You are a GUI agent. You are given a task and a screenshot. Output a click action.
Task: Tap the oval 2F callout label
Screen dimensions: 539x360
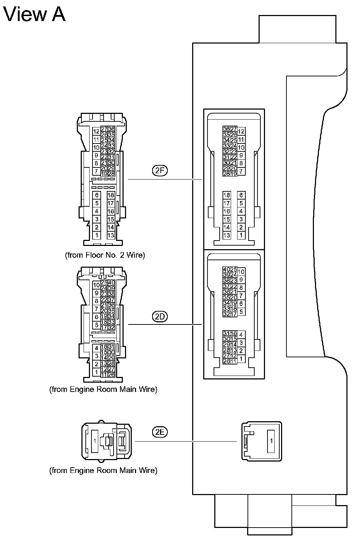[x=160, y=171]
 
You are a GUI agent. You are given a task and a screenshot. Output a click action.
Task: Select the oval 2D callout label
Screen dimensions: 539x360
[x=160, y=316]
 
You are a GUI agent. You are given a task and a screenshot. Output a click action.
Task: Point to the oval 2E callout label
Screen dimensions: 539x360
[x=160, y=432]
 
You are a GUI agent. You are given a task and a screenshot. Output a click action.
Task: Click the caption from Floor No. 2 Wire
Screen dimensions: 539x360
[x=105, y=255]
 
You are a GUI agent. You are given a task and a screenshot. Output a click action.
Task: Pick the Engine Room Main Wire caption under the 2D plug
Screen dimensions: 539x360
[x=103, y=389]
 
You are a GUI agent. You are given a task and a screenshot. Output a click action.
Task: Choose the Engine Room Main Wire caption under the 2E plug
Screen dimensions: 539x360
[x=103, y=470]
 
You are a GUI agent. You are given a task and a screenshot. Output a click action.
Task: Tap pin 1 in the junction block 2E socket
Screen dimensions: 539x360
[x=271, y=441]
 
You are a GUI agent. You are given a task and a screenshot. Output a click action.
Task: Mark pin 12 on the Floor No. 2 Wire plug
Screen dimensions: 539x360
[x=96, y=132]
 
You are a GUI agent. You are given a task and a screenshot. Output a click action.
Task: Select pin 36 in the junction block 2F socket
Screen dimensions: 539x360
[x=226, y=129]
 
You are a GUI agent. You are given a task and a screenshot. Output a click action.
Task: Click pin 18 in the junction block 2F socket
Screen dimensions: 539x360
[x=227, y=195]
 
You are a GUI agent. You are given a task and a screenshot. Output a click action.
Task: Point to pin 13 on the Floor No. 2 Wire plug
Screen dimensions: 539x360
[x=111, y=235]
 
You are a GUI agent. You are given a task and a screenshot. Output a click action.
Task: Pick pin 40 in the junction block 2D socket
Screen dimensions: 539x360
[x=226, y=269]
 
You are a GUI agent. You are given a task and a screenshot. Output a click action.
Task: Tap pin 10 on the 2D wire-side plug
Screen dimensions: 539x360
[x=96, y=285]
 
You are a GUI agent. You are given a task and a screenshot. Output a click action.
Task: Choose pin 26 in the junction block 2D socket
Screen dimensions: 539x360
[x=226, y=361]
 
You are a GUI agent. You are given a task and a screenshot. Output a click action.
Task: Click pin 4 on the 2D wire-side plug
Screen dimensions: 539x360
[x=96, y=348]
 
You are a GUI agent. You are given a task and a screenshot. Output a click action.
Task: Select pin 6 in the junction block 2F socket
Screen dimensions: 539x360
[x=241, y=195]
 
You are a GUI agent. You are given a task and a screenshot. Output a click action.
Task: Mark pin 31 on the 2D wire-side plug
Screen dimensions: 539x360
[x=111, y=347]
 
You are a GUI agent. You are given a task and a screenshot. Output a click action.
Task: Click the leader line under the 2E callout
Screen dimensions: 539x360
[x=186, y=441]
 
